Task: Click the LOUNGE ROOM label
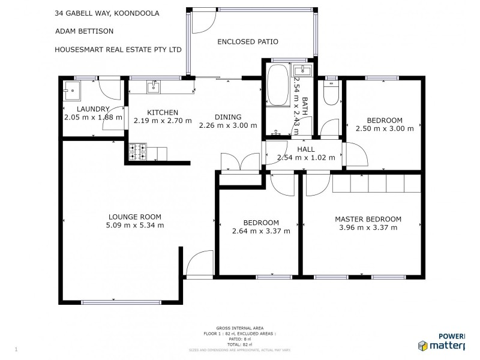coord(134,217)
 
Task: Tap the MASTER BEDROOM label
coord(368,219)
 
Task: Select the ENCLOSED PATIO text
coord(248,41)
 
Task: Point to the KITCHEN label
coord(163,112)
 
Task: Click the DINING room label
coord(228,117)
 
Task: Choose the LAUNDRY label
coord(93,109)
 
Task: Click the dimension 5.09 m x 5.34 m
coord(134,226)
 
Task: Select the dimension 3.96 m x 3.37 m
coord(368,228)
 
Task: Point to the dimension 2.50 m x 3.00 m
coord(385,128)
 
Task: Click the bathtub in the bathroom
coord(277,85)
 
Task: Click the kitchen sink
coord(154,87)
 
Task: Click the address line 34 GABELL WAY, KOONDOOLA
coord(107,13)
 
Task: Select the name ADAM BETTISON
coord(84,31)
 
